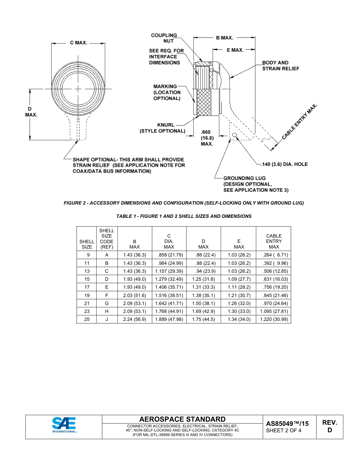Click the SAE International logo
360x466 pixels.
pos(64,425)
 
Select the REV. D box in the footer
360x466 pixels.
pos(329,426)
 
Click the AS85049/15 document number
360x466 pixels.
pos(287,424)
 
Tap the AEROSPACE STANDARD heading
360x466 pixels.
pos(182,419)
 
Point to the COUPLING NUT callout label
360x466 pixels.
pos(164,38)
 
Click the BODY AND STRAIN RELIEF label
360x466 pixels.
pos(280,66)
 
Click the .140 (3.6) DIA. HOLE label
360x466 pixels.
pos(285,164)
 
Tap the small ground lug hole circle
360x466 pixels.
pos(235,135)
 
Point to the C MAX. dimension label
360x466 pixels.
pos(78,43)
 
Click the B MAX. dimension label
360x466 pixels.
pos(224,38)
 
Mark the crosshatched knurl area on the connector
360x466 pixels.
pos(205,103)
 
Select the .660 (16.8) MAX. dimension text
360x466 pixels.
pos(207,138)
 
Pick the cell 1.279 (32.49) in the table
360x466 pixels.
pos(169,279)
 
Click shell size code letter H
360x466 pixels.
pos(106,311)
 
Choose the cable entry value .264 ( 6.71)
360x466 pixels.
pos(274,255)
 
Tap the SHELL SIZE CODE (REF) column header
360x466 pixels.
pos(106,238)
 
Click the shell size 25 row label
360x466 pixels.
pos(87,319)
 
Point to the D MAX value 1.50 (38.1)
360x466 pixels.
pos(203,303)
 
